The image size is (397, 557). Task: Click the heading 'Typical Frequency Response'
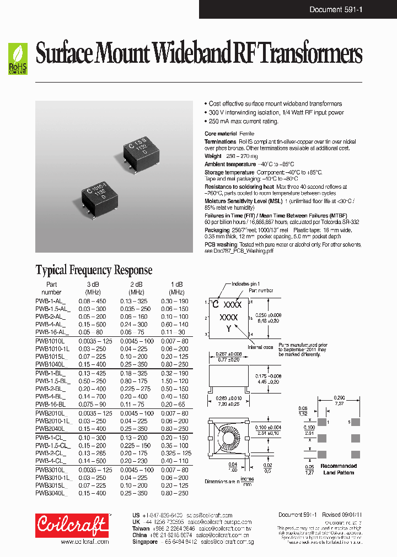pyautogui.click(x=94, y=270)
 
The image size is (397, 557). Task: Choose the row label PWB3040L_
pyautogui.click(x=50, y=493)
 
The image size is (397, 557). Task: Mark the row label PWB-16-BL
pyautogui.click(x=50, y=405)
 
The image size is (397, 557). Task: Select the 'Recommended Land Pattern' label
pyautogui.click(x=340, y=469)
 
